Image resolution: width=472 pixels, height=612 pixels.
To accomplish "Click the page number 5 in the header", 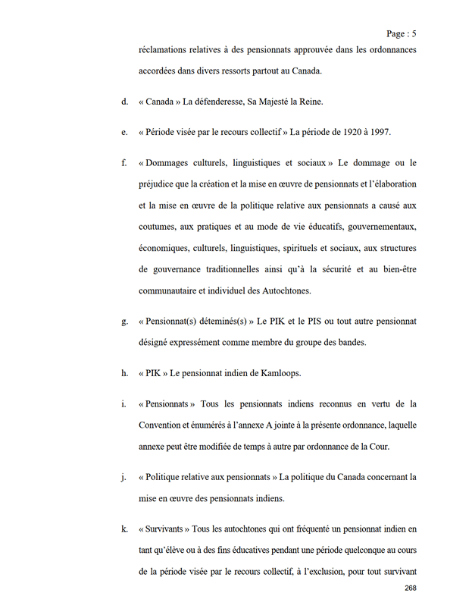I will pyautogui.click(x=414, y=33).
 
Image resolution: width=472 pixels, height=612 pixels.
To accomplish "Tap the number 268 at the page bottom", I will pyautogui.click(x=411, y=588).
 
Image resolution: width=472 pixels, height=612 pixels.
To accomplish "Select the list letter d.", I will pyautogui.click(x=123, y=101).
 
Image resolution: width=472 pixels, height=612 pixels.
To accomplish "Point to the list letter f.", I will pyautogui.click(x=123, y=163).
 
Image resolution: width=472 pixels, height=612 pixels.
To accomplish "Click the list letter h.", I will pyautogui.click(x=123, y=372).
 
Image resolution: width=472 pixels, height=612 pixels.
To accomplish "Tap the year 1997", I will pyautogui.click(x=377, y=132).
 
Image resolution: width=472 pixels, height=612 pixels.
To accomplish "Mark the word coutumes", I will pyautogui.click(x=159, y=227).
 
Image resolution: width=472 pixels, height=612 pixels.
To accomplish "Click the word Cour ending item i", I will pyautogui.click(x=380, y=446).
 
